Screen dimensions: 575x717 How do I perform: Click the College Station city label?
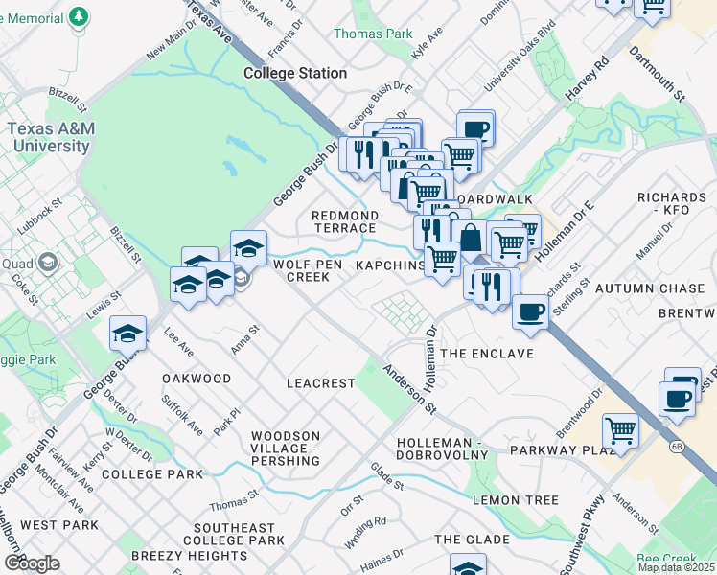pos(294,73)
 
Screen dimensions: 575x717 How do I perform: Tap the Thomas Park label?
pos(372,34)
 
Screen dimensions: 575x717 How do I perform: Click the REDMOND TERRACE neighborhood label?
pos(344,221)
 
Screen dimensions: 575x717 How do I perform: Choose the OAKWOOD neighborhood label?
pos(197,379)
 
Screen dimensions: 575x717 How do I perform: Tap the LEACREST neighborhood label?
pos(320,383)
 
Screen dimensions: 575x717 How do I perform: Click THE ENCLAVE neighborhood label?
pos(486,354)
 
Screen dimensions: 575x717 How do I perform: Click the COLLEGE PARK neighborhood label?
pos(151,474)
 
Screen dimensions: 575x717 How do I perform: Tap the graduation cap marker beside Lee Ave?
pos(127,333)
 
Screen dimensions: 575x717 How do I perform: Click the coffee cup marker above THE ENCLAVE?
pos(530,311)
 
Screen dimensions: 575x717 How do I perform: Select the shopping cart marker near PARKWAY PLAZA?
pos(620,431)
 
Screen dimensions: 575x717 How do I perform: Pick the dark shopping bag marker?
pos(470,237)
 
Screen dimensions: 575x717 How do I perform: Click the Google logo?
pos(32,563)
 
